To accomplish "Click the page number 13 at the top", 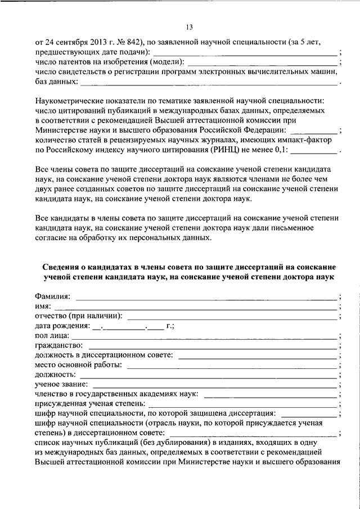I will (189, 27).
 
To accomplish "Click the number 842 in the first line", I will (130, 42).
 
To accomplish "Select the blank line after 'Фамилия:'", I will (206, 296).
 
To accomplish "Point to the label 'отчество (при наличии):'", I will (78, 316).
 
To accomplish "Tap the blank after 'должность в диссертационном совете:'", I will (258, 355).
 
